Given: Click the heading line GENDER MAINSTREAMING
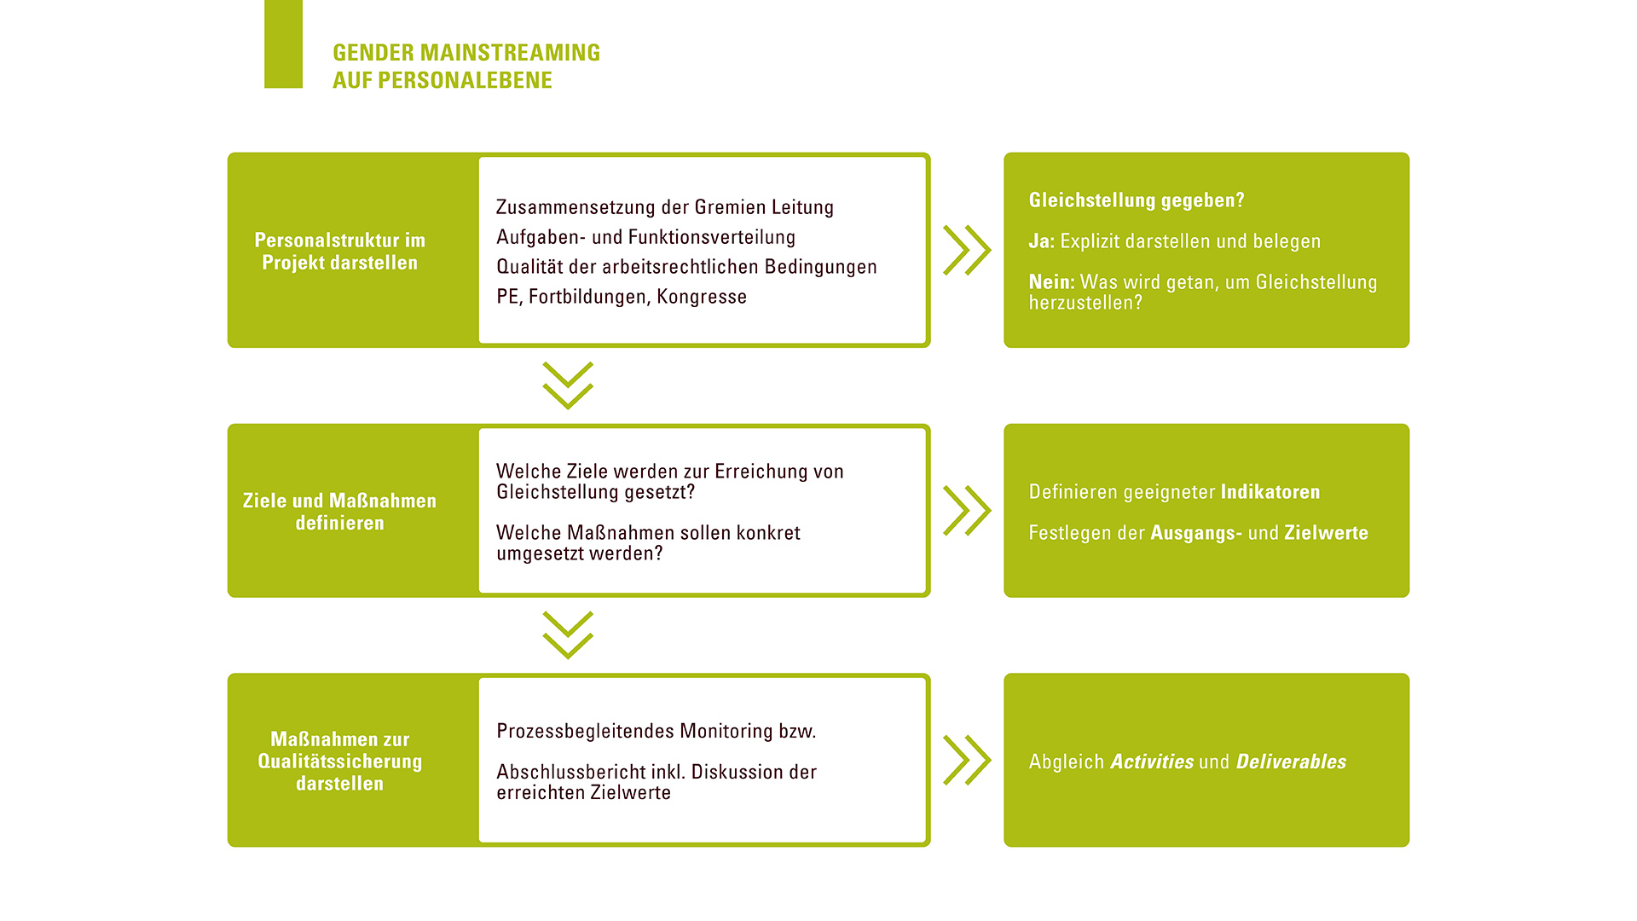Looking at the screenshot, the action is point(466,53).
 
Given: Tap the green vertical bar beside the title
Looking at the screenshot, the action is point(283,43).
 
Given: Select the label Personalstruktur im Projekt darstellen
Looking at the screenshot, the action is point(339,252).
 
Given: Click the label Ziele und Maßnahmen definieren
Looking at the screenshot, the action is point(339,512).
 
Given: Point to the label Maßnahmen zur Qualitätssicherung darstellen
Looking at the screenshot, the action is point(339,762).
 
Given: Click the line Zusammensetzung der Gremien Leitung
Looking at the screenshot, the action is point(665,207).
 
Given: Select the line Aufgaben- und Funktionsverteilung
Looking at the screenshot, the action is point(645,237).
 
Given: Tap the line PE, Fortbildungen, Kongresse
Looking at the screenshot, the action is point(622,297).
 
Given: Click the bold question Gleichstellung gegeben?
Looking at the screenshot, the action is point(1137,200).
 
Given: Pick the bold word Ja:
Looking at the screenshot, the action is point(1042,241).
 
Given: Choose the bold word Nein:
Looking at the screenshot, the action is point(1052,282).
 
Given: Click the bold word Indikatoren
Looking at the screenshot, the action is point(1270,492).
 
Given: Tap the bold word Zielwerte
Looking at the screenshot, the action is point(1327,533).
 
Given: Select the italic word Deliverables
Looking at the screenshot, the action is point(1291,762).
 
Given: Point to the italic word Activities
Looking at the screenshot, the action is point(1152,762).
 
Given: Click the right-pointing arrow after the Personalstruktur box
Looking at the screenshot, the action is point(967,251).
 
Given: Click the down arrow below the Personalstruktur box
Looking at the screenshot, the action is point(568,385).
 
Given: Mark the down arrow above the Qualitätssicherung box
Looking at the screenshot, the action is point(568,635).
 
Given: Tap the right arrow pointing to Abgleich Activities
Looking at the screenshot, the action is point(967,760).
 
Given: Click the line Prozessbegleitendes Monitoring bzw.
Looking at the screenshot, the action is point(657,732).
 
